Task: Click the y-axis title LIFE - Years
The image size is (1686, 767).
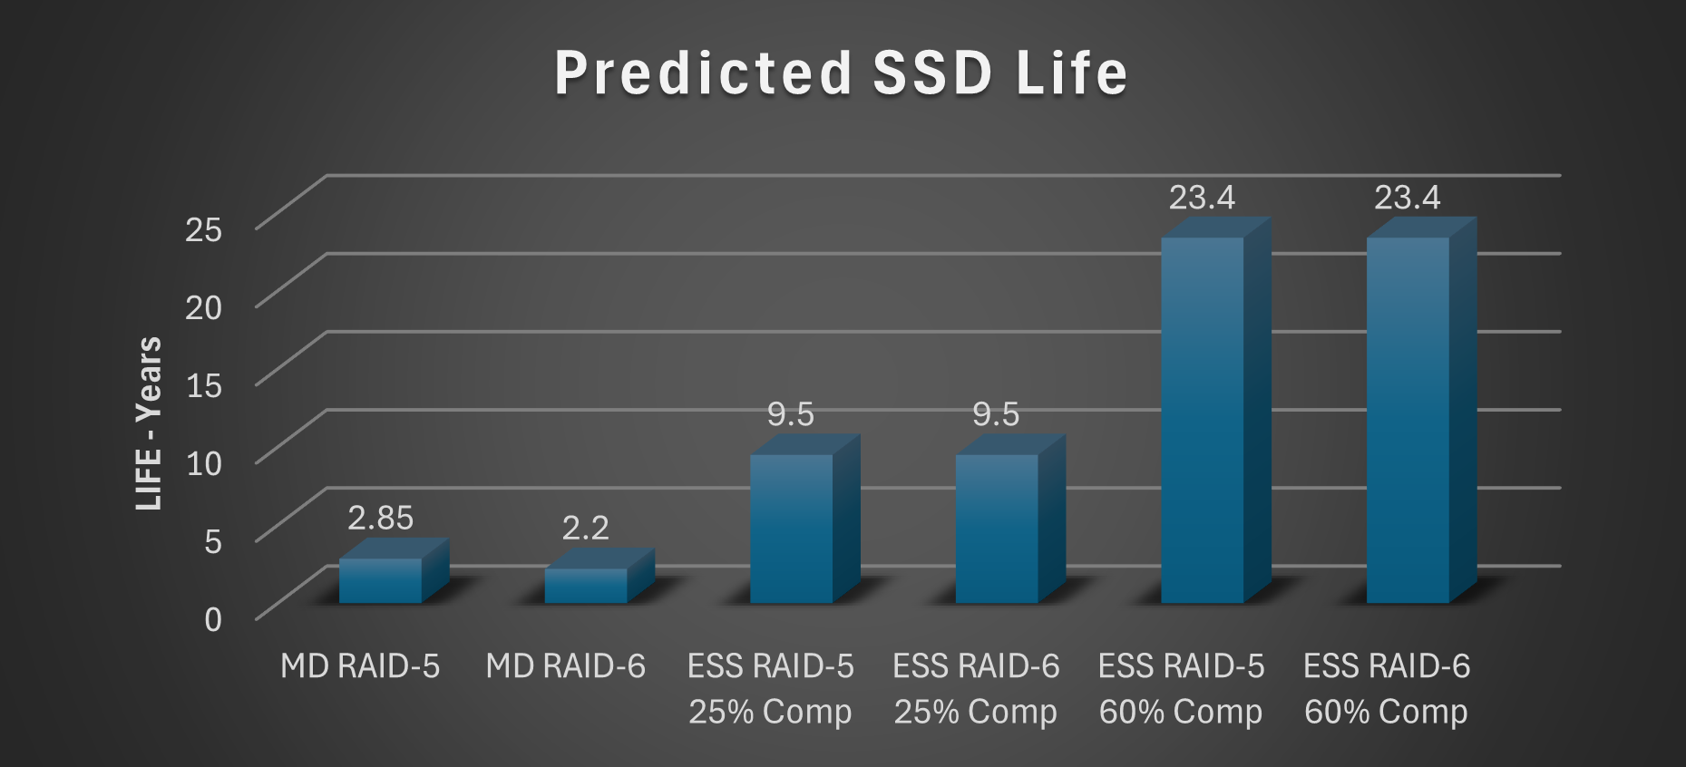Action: point(149,423)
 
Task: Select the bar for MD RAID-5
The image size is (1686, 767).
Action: point(381,580)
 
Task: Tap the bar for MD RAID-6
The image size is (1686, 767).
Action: point(586,585)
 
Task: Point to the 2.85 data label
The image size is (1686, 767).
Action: point(380,518)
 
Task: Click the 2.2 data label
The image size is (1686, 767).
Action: point(585,528)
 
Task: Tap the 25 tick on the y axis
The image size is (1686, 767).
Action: point(203,229)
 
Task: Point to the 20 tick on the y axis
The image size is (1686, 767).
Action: point(203,307)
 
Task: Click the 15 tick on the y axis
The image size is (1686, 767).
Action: point(203,385)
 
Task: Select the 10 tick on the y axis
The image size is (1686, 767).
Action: point(203,463)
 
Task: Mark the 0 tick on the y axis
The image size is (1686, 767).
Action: point(213,619)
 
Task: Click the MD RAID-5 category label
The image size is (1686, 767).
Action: point(360,666)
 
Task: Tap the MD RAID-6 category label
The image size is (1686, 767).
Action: point(565,666)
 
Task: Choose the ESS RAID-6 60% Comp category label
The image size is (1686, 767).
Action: point(1387,689)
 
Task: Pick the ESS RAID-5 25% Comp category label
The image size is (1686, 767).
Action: point(771,689)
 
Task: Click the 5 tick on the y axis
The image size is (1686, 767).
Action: point(213,541)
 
